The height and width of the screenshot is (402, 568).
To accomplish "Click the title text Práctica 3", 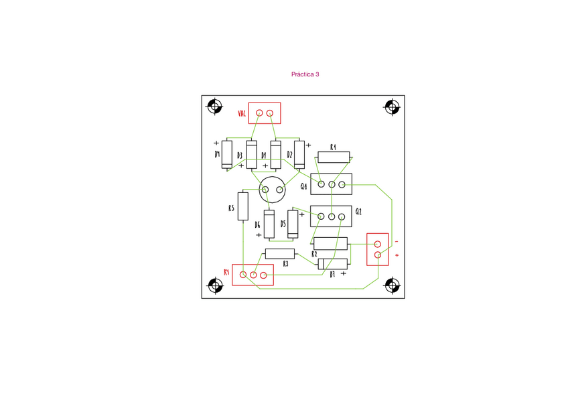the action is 305,74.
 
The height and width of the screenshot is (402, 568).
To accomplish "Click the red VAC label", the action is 242,113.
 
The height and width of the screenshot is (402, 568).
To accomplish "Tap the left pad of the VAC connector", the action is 259,113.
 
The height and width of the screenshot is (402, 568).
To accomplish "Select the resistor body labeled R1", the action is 334,157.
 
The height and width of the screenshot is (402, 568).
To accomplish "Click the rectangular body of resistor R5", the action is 243,206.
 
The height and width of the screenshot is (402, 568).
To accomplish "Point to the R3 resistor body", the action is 280,254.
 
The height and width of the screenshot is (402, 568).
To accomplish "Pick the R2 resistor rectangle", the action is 330,244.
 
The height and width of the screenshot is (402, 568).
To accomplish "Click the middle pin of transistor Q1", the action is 332,184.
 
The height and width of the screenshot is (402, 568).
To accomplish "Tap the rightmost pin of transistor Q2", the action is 342,217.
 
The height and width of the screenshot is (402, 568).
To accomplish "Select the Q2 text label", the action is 358,211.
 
